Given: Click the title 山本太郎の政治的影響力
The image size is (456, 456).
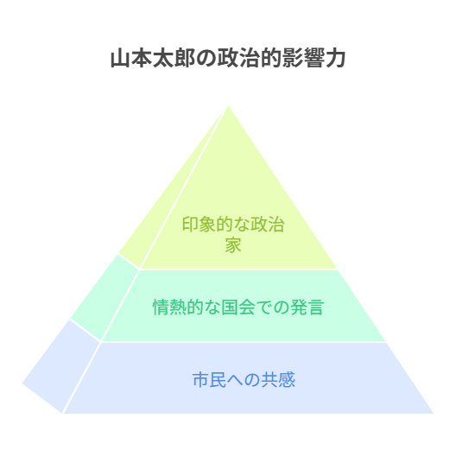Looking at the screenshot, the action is click(x=228, y=58).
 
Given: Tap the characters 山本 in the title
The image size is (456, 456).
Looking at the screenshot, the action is click(x=131, y=58).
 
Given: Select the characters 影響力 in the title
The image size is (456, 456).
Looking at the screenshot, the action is click(x=314, y=58).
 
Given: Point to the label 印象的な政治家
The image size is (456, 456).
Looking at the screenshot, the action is click(x=233, y=234).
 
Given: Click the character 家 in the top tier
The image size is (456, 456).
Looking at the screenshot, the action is click(x=233, y=245).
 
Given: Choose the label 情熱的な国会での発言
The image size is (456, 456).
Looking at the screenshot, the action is click(x=238, y=307).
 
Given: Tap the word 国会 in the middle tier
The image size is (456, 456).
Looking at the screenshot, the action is click(x=238, y=307).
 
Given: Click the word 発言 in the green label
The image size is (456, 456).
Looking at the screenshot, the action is click(x=307, y=307).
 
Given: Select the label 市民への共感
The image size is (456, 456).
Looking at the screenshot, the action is click(x=244, y=380).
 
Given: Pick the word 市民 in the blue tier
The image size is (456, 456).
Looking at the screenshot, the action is click(x=209, y=380).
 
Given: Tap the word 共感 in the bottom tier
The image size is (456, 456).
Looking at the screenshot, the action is click(x=278, y=380).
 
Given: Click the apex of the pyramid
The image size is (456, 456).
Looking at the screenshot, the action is click(x=228, y=106).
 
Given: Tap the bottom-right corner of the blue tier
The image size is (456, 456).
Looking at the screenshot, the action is click(x=434, y=413).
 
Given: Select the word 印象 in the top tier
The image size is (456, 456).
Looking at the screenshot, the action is click(x=199, y=225).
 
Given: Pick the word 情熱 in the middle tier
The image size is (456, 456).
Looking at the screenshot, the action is click(x=169, y=307).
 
